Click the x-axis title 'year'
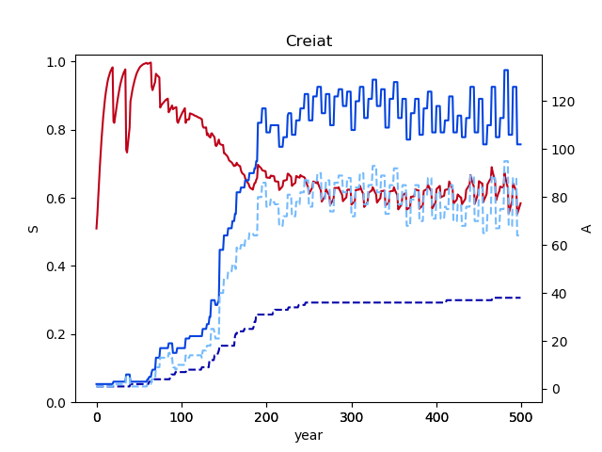pyautogui.click(x=309, y=436)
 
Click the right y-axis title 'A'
pyautogui.click(x=586, y=229)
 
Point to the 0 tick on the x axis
pyautogui.click(x=97, y=416)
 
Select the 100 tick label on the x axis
pyautogui.click(x=182, y=416)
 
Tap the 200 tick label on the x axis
pyautogui.click(x=266, y=416)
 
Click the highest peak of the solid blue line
pyautogui.click(x=506, y=70)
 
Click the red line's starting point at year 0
pyautogui.click(x=97, y=228)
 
